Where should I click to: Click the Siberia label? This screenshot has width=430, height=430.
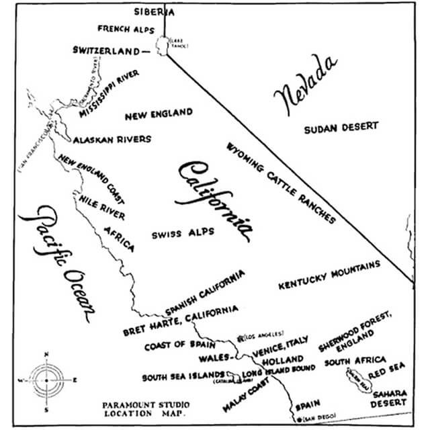click(x=154, y=11)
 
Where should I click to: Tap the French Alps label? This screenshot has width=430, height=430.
click(x=126, y=29)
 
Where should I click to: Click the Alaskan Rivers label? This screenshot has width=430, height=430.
click(x=112, y=139)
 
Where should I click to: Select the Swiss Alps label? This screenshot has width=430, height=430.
click(x=183, y=232)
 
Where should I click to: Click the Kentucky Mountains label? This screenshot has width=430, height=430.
click(x=329, y=275)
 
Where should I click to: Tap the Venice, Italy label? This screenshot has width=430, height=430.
click(x=280, y=345)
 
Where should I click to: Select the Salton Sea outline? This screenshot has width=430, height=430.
click(x=355, y=382)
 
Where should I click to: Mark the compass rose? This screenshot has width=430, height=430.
click(x=46, y=380)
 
